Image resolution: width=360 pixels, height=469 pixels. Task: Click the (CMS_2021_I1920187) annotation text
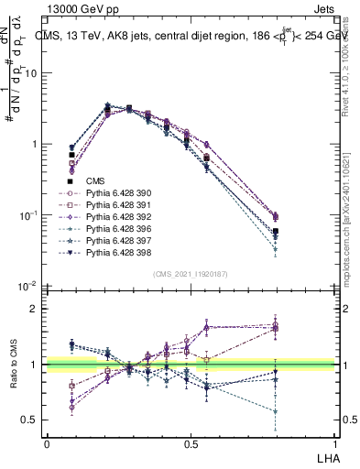(x=191, y=274)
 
